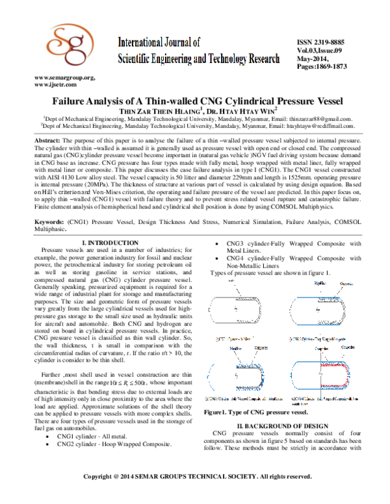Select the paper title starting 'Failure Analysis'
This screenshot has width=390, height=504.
(194, 101)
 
